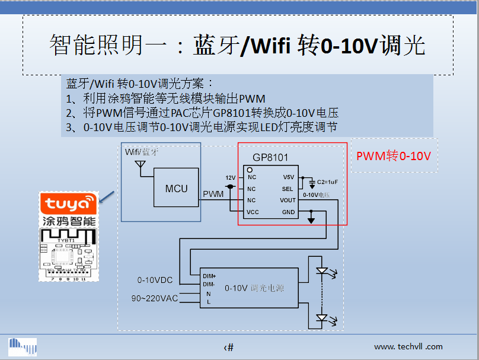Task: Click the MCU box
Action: click(x=176, y=188)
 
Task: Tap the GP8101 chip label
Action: click(x=270, y=158)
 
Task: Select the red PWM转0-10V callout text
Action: click(x=393, y=156)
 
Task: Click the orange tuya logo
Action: click(x=68, y=205)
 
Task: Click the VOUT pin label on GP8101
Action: click(x=288, y=200)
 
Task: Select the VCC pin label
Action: click(x=253, y=212)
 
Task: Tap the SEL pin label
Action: click(x=288, y=189)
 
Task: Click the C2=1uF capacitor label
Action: click(x=327, y=181)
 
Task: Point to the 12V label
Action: click(x=231, y=177)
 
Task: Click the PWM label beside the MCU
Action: click(x=213, y=194)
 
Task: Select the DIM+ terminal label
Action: click(x=209, y=276)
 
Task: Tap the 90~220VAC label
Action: click(x=155, y=298)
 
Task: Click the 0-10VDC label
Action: click(x=155, y=280)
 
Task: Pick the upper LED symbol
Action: click(x=322, y=272)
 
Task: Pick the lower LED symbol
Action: click(x=322, y=318)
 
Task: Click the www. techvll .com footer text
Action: click(x=408, y=346)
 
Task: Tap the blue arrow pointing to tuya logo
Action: click(x=107, y=197)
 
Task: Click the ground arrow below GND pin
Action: click(x=311, y=220)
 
